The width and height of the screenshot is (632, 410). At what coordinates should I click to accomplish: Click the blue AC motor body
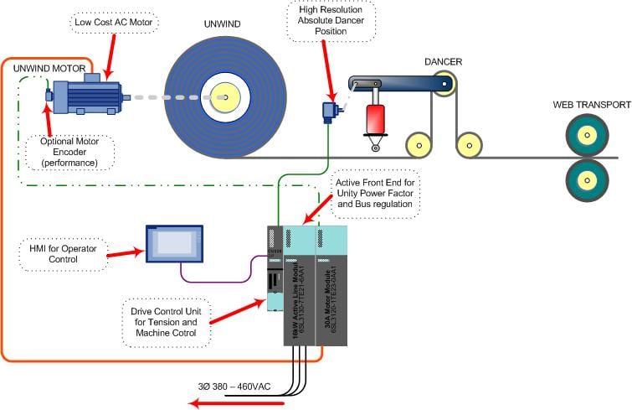click(x=89, y=96)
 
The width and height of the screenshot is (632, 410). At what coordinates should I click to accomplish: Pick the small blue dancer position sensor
click(x=329, y=111)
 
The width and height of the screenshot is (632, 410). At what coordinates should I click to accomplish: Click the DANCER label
click(x=444, y=61)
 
